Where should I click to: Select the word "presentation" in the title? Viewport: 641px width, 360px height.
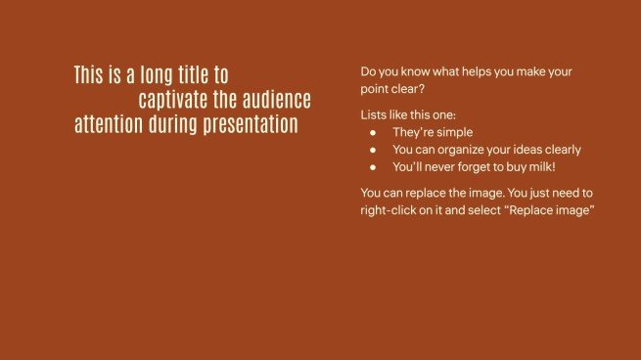click(x=248, y=125)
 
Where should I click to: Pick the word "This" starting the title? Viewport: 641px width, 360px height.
click(x=89, y=75)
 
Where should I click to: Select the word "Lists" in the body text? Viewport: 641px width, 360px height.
click(x=374, y=115)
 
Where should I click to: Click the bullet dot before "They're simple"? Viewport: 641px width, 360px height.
click(x=373, y=133)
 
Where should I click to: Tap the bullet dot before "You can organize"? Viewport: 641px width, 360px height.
click(x=373, y=151)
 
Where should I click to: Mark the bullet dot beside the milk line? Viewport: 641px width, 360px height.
click(x=373, y=167)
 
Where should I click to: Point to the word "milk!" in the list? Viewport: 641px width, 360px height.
click(x=567, y=167)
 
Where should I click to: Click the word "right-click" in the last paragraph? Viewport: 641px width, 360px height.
click(x=389, y=211)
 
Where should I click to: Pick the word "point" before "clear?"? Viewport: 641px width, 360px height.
click(x=376, y=89)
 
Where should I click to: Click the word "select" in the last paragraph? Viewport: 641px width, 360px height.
click(x=492, y=211)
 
